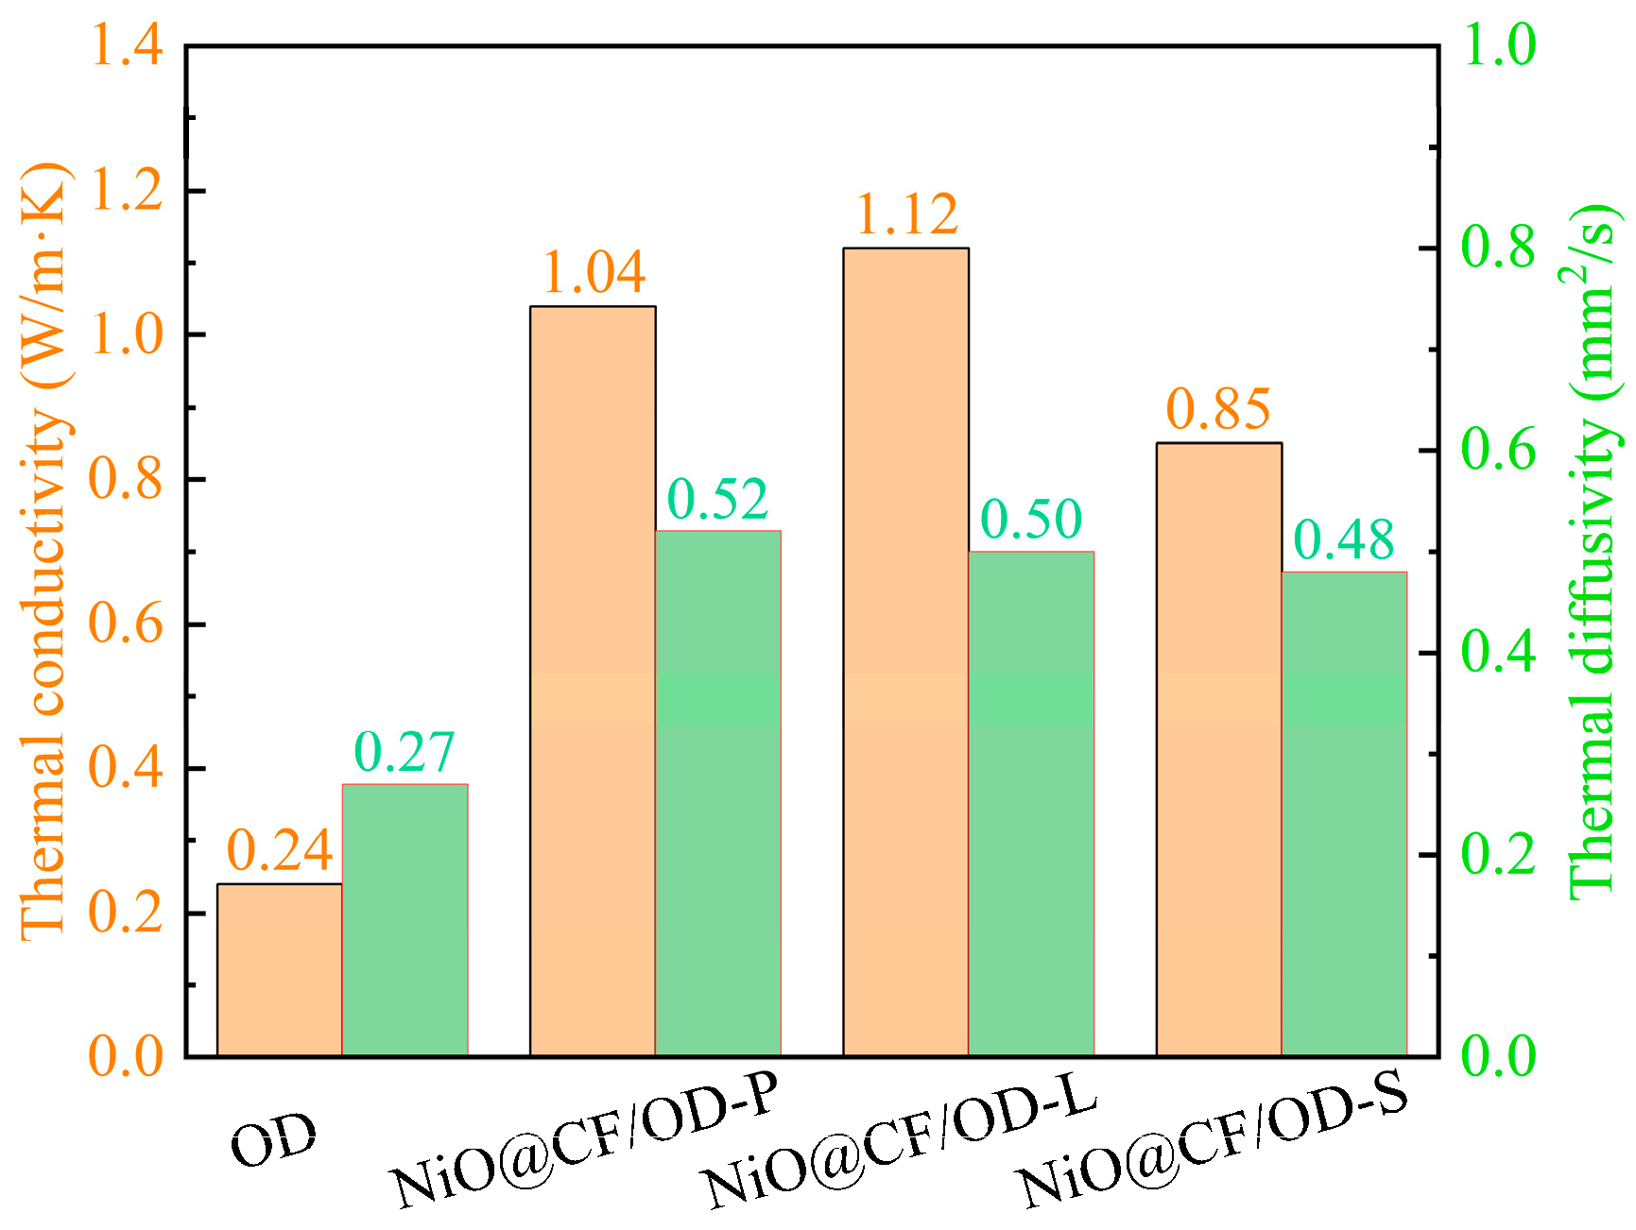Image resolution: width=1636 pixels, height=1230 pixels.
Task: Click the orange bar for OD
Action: (280, 969)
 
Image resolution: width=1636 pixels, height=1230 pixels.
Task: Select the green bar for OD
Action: (405, 919)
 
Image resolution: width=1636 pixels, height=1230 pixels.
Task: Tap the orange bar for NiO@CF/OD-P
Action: (593, 680)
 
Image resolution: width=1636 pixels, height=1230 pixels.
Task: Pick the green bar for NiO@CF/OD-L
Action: (1031, 803)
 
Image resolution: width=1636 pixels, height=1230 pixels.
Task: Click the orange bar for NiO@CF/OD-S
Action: (1219, 748)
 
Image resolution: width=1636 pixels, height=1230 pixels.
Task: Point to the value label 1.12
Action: (907, 214)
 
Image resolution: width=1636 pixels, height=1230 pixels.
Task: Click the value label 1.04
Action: (594, 272)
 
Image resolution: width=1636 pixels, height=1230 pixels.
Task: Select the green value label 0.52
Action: (718, 499)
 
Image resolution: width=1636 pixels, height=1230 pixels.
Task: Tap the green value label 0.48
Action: (1344, 540)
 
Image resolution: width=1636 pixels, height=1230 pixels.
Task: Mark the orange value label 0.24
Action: (280, 850)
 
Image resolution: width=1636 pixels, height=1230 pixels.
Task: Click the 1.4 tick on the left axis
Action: (126, 44)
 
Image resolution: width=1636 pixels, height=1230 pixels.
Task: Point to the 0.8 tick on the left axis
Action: (126, 479)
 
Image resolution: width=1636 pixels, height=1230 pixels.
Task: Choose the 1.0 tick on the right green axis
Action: (1499, 44)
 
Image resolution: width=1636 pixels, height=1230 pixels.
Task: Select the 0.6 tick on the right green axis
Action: (1499, 450)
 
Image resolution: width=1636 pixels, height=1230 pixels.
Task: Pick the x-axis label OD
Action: (274, 1140)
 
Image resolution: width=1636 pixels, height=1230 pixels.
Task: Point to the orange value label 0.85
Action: (1219, 408)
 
